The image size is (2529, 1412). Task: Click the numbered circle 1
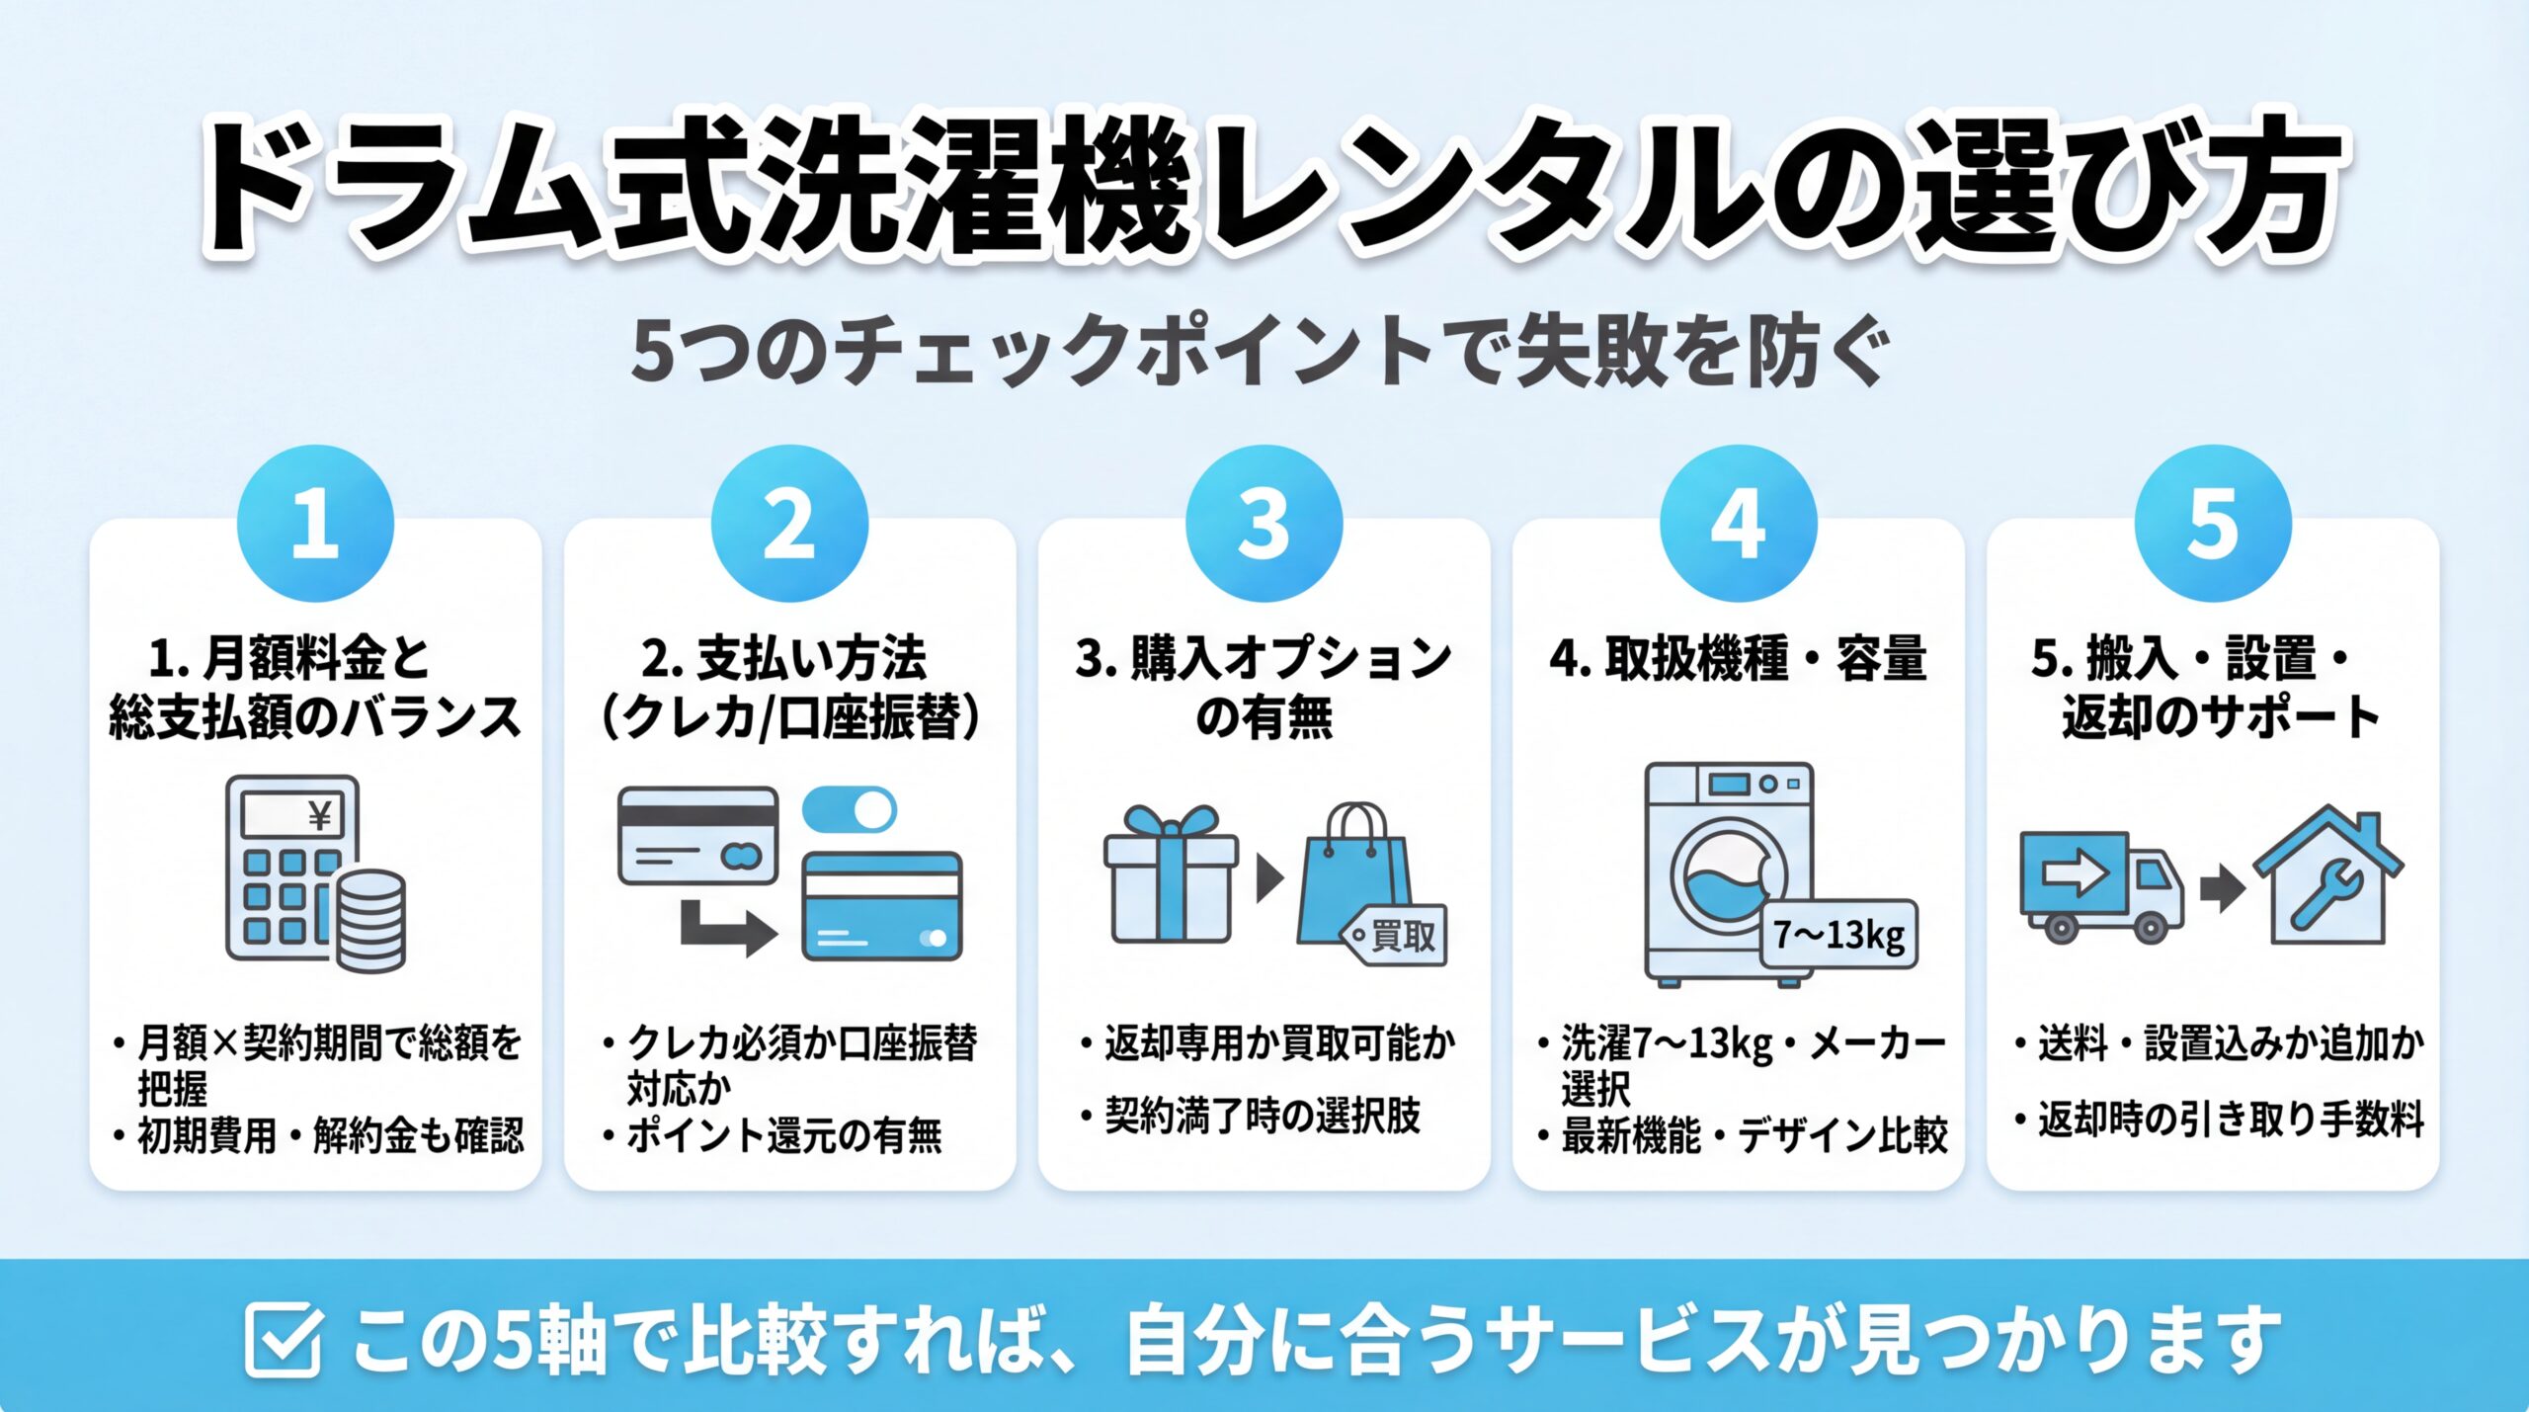[x=315, y=523]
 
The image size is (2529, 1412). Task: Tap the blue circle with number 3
[x=1264, y=523]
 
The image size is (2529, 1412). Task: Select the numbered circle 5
[x=2212, y=523]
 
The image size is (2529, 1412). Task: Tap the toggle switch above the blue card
[x=849, y=810]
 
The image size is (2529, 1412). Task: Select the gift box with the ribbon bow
[x=1171, y=875]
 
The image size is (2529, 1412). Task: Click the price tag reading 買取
[x=1395, y=935]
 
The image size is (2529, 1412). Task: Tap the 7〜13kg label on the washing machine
[x=1838, y=934]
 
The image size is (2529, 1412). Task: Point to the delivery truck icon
[x=2099, y=884]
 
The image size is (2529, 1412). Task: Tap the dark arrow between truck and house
[x=2222, y=887]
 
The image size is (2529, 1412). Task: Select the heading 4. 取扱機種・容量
[x=1738, y=659]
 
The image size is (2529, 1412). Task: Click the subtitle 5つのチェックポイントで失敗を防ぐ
[x=1261, y=353]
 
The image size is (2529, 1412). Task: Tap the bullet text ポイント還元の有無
[x=783, y=1135]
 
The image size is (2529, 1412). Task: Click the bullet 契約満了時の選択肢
[x=1262, y=1117]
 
